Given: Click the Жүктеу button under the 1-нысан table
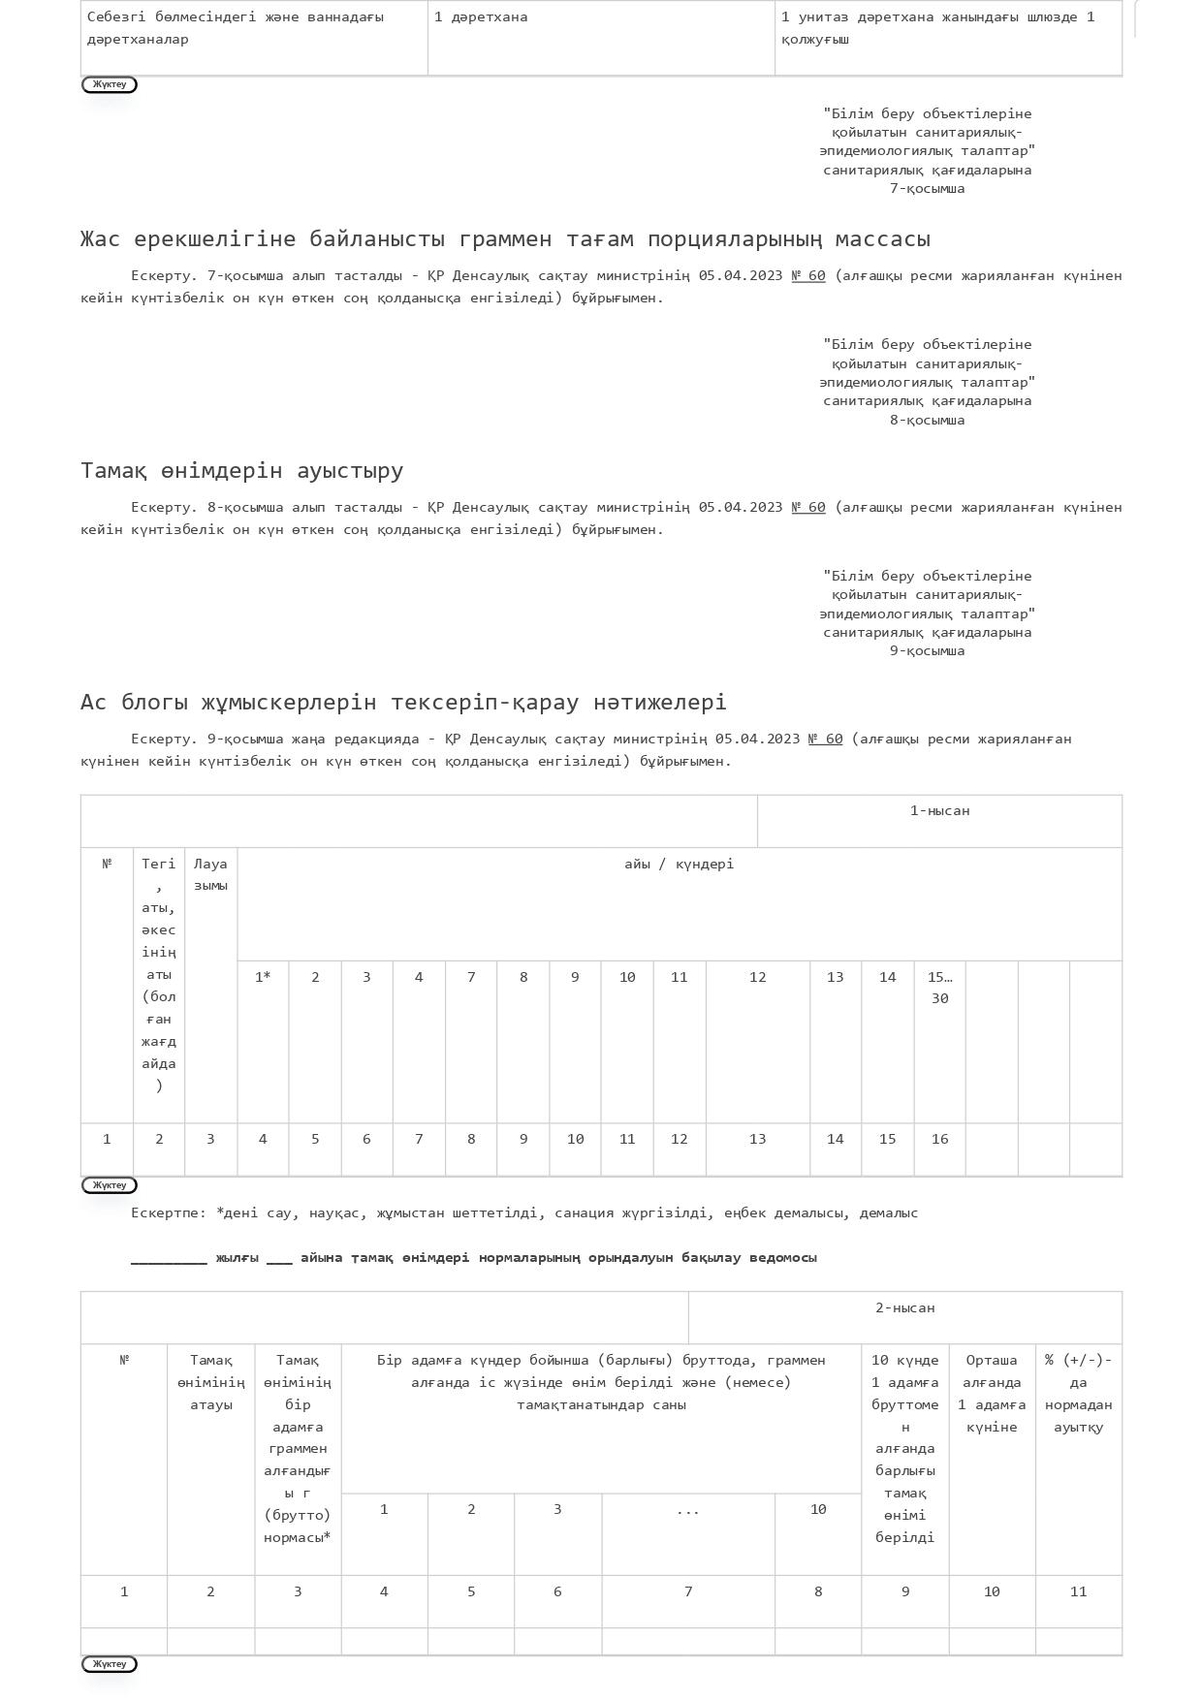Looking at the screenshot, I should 110,1185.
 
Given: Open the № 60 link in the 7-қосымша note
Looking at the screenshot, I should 808,276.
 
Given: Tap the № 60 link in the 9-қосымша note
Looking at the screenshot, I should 825,740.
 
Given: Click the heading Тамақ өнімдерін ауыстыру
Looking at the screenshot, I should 241,471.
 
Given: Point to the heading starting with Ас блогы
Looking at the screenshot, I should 403,703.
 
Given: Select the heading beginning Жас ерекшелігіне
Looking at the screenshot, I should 505,239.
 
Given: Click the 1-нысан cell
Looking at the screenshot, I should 939,811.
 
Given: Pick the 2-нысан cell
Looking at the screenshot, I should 904,1308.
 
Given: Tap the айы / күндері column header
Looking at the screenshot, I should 679,865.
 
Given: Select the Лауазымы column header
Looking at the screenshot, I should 210,874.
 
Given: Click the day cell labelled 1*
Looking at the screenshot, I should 263,978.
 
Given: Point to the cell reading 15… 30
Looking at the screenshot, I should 939,988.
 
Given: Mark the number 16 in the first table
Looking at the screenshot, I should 939,1140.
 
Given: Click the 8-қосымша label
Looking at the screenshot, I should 927,421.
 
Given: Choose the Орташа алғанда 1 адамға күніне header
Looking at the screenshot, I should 992,1394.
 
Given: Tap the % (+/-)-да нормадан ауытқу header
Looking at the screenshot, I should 1078,1394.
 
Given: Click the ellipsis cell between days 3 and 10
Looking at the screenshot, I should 687,1510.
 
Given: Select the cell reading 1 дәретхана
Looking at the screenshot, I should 481,17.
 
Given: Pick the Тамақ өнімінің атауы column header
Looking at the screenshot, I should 210,1383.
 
